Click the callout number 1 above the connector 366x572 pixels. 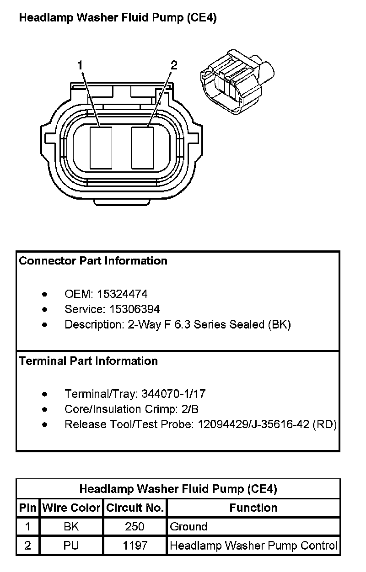pyautogui.click(x=80, y=65)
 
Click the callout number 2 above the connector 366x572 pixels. pyautogui.click(x=174, y=65)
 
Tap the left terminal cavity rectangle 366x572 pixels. pyautogui.click(x=101, y=148)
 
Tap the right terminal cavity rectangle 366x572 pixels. pyautogui.click(x=142, y=148)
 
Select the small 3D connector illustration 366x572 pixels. pyautogui.click(x=237, y=82)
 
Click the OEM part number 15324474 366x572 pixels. pyautogui.click(x=122, y=294)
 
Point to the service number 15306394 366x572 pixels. pyautogui.click(x=135, y=309)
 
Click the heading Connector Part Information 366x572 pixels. pyautogui.click(x=93, y=261)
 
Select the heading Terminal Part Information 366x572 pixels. pyautogui.click(x=88, y=361)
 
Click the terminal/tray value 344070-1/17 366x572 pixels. pyautogui.click(x=173, y=394)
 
